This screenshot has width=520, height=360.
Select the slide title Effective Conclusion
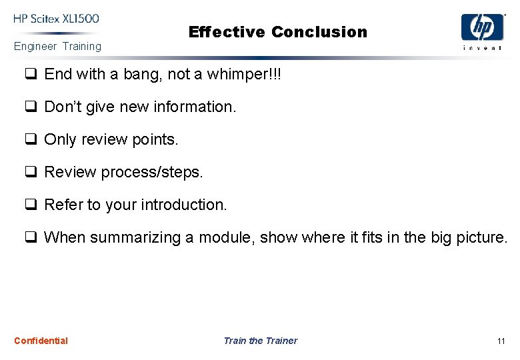coord(277,32)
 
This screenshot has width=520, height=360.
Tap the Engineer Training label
coord(57,47)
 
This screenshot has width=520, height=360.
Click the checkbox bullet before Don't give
coord(31,107)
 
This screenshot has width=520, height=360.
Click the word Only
coord(59,139)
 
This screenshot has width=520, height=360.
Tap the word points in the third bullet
coord(157,139)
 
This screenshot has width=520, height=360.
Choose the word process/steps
coord(151,172)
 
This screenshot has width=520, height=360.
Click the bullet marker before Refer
coord(31,205)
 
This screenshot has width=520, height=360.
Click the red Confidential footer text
coord(41,341)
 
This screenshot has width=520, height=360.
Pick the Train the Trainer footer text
coord(260,341)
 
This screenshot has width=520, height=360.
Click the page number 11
coord(501,341)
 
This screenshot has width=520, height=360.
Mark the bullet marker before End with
coord(31,74)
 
